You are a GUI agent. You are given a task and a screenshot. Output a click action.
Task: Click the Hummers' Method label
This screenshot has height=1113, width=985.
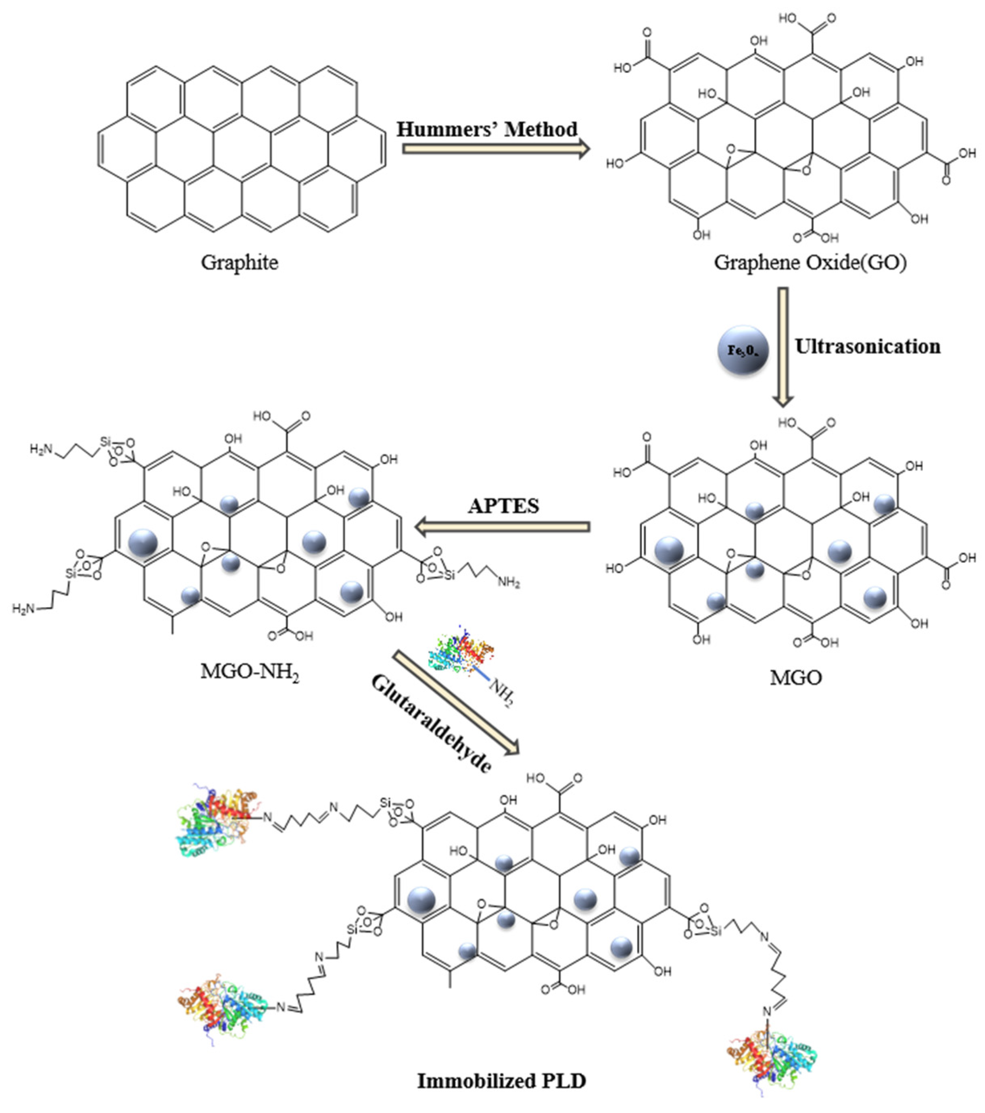coord(486,129)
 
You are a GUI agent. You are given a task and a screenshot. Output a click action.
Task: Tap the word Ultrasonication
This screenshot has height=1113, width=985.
coord(867,347)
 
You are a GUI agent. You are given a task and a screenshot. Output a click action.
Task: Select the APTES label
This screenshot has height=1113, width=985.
coord(503,506)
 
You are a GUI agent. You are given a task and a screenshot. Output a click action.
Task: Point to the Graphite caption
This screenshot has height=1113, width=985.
coord(239,262)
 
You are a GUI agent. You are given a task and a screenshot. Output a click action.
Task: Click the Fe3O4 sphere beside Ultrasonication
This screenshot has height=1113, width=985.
coord(743,350)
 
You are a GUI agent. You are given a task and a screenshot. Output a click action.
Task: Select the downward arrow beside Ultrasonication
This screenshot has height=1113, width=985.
coord(783,347)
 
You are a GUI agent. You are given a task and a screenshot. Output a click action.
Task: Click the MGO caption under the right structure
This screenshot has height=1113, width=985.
coord(795,677)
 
